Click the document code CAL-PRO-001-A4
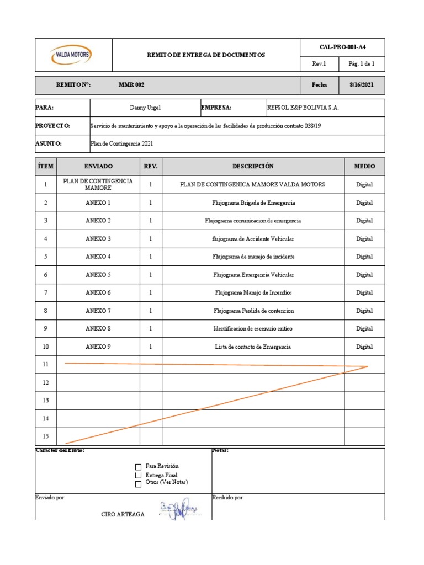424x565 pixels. [x=342, y=47]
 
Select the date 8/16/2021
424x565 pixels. [x=362, y=85]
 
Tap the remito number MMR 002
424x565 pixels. [x=131, y=85]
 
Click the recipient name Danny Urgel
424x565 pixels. [x=145, y=108]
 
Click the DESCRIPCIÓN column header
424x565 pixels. [x=253, y=166]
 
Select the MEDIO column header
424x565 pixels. [x=364, y=166]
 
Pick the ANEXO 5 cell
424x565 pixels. [x=98, y=275]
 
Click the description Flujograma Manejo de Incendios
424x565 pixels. [x=253, y=292]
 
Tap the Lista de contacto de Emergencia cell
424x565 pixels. [x=253, y=347]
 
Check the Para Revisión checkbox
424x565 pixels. [x=138, y=467]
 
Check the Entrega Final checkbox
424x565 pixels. [x=138, y=475]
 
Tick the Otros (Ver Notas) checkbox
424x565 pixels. [x=138, y=484]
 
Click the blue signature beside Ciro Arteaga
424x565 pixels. [x=178, y=511]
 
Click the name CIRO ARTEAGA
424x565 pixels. [x=123, y=514]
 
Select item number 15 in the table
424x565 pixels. [x=46, y=436]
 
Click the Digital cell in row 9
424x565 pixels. [x=364, y=329]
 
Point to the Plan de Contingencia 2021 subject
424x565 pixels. [x=121, y=143]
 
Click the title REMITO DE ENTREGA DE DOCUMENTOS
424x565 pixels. [x=205, y=55]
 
